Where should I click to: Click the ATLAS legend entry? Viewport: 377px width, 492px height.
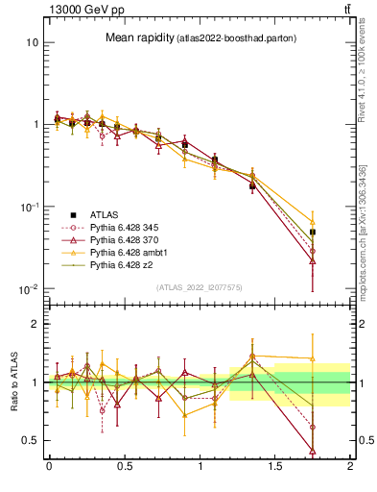[112, 213]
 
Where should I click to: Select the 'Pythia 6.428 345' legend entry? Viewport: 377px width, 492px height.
[130, 226]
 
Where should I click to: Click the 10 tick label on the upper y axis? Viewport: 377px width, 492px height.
[32, 43]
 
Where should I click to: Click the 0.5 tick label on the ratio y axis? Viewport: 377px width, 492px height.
[29, 441]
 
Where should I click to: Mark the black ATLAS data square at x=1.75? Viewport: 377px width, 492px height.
[313, 233]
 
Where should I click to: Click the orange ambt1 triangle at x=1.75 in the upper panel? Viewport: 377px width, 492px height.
[313, 221]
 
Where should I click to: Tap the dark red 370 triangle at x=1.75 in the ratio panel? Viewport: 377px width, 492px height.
[313, 450]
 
